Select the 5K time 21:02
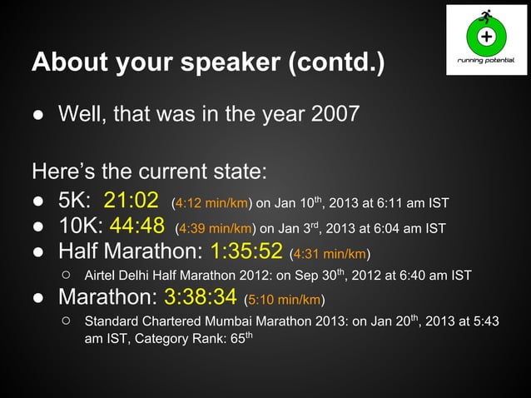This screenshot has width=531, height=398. pyautogui.click(x=131, y=201)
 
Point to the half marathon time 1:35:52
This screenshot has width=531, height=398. pyautogui.click(x=247, y=251)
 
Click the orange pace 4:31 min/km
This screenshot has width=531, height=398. pyautogui.click(x=330, y=254)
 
